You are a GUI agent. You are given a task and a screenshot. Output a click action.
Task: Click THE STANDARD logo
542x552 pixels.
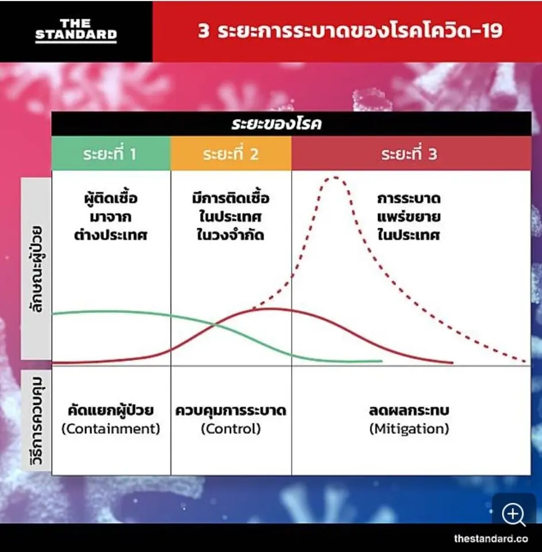[x=76, y=30]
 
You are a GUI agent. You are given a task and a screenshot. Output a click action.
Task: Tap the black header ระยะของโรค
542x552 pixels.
[x=276, y=124]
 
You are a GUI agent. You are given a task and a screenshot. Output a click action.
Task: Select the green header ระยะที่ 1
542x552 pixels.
[x=110, y=154]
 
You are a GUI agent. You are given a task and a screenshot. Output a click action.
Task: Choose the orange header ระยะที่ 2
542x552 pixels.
[x=231, y=154]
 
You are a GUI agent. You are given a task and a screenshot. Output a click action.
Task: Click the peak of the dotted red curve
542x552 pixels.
[x=334, y=178]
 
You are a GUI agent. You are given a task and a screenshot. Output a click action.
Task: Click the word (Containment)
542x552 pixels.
[x=110, y=429]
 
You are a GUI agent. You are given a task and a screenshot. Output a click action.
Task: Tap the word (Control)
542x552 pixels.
[x=231, y=429]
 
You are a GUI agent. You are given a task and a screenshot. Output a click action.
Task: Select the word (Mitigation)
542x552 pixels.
[x=409, y=429]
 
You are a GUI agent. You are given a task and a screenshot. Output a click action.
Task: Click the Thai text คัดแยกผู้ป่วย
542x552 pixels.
[x=110, y=410]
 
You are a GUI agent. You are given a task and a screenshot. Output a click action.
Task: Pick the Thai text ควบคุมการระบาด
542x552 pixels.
[x=231, y=411]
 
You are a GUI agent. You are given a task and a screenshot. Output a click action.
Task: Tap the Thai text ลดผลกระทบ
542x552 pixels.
[x=409, y=411]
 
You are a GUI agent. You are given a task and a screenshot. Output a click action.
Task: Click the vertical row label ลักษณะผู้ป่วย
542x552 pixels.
[x=36, y=269]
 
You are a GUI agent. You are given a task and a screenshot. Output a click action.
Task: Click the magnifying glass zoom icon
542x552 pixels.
[x=514, y=515]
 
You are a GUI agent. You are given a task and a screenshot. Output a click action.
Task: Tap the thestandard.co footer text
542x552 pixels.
[x=491, y=538]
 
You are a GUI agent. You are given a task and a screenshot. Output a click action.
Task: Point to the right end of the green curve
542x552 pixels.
[x=382, y=361]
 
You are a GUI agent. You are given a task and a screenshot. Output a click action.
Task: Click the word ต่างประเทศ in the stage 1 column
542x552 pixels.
[x=110, y=235]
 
